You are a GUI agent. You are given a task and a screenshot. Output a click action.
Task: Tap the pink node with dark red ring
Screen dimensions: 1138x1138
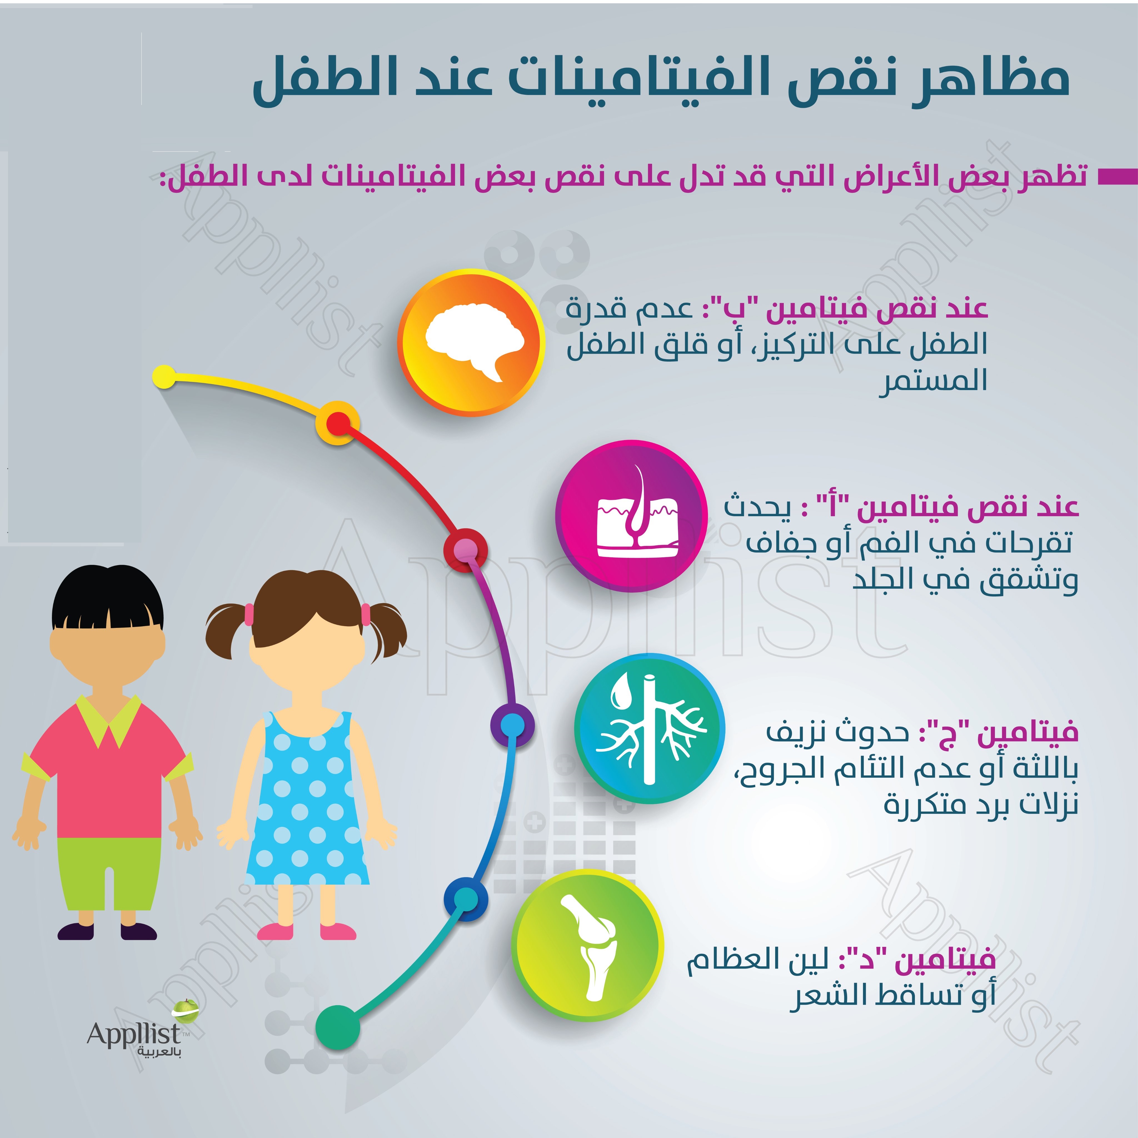pos(466,550)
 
